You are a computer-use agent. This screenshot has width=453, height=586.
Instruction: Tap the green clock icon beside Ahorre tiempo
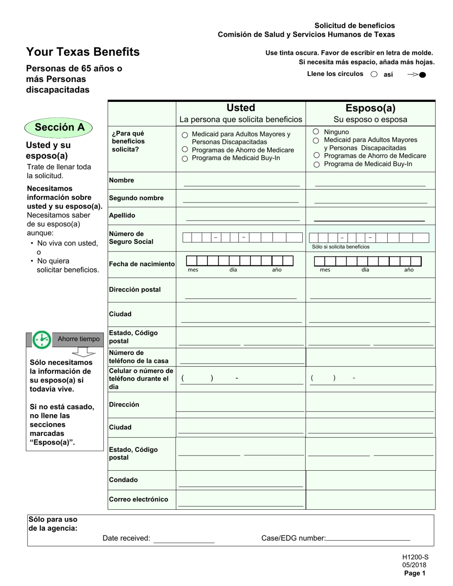pos(42,339)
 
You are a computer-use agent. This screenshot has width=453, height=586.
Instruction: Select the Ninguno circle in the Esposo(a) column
pos(316,131)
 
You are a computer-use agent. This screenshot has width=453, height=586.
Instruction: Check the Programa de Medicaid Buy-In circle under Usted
pos(185,159)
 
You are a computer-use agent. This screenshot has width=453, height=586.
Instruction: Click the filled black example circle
pos(422,74)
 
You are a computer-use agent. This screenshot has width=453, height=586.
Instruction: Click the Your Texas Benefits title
pos(83,52)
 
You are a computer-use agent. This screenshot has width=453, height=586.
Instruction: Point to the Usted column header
pos(240,108)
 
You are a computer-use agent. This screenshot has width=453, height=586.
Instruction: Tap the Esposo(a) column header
pos(370,108)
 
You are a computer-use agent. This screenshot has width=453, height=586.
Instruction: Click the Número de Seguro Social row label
pos(131,238)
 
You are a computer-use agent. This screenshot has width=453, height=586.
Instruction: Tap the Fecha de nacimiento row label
pos(142,264)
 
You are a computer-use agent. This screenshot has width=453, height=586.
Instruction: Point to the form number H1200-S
pos(415,557)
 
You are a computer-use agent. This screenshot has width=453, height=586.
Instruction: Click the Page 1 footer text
pos(414,574)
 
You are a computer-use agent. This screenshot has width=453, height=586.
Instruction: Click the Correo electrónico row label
pos(138,499)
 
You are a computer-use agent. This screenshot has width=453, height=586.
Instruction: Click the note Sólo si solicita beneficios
pos(340,247)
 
